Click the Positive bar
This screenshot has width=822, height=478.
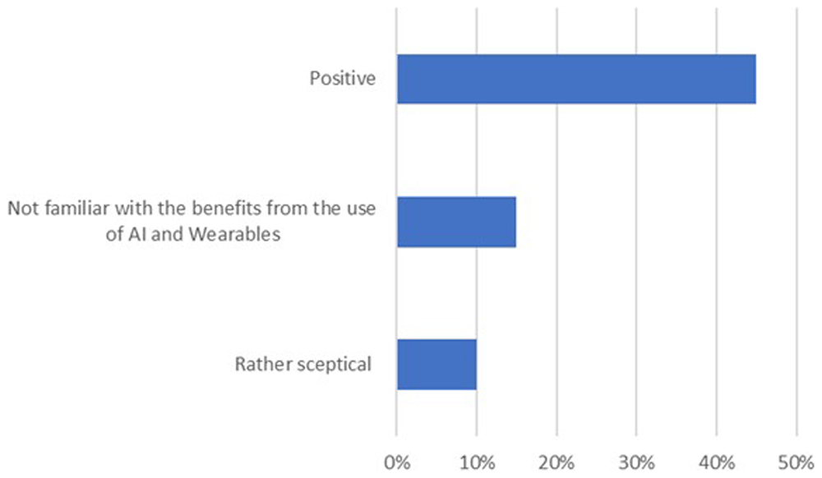pyautogui.click(x=576, y=79)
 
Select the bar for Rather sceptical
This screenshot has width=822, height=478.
pyautogui.click(x=436, y=365)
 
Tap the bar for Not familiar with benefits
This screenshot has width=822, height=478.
pyautogui.click(x=456, y=222)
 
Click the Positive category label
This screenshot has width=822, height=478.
pyautogui.click(x=342, y=79)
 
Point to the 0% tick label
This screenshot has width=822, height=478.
pyautogui.click(x=397, y=463)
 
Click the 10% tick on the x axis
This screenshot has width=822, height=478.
pyautogui.click(x=477, y=463)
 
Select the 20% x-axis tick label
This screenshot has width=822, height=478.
pyautogui.click(x=556, y=463)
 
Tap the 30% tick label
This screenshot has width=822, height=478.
pyautogui.click(x=636, y=463)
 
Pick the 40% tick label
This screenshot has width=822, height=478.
pyautogui.click(x=717, y=463)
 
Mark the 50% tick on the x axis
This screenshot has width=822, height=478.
pyautogui.click(x=797, y=463)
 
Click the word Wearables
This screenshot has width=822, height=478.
pyautogui.click(x=234, y=234)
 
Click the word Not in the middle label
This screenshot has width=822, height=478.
pyautogui.click(x=23, y=209)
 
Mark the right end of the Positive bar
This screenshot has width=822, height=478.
pyautogui.click(x=756, y=79)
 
